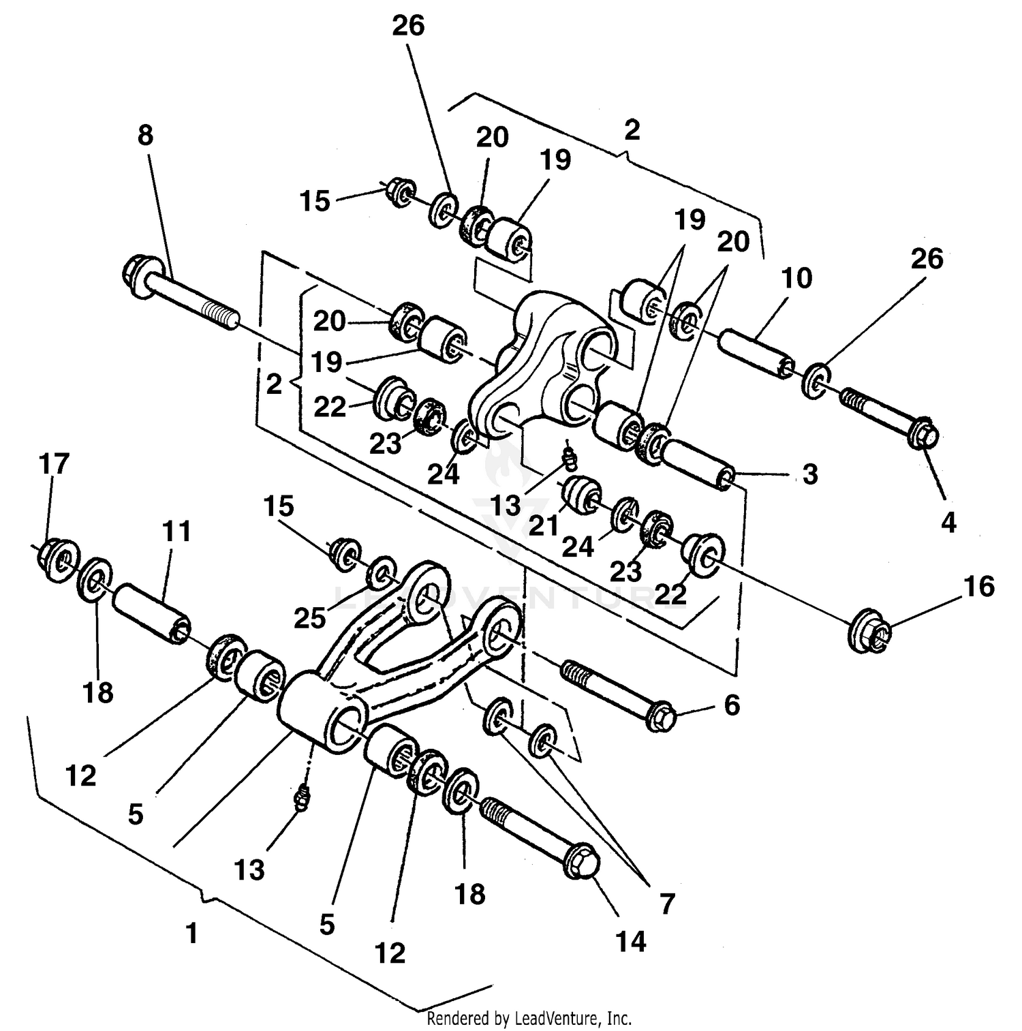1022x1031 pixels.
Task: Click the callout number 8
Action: click(x=146, y=136)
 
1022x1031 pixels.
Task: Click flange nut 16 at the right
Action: click(x=870, y=632)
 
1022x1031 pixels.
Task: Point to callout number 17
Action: click(x=55, y=464)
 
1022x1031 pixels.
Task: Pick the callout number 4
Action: click(x=948, y=523)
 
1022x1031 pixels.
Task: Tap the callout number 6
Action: click(x=732, y=705)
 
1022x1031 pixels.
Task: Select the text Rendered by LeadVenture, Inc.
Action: click(x=529, y=1018)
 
